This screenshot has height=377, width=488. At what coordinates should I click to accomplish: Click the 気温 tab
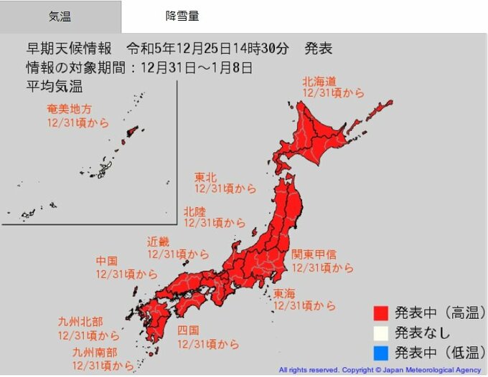tap(60, 16)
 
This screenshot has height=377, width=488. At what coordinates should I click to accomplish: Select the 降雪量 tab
tap(182, 16)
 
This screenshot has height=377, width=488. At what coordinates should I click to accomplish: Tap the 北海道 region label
tap(319, 81)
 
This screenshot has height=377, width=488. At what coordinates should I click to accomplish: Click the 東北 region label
tap(206, 176)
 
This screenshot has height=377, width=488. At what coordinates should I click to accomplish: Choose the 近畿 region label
tap(159, 242)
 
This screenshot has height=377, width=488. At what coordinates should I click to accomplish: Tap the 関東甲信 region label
tap(314, 254)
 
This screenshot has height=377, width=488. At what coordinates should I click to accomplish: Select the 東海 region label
tap(283, 293)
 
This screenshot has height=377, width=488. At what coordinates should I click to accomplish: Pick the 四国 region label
tap(188, 331)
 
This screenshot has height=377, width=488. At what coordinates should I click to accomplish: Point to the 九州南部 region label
tap(94, 353)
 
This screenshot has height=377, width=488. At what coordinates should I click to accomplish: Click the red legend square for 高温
tap(380, 313)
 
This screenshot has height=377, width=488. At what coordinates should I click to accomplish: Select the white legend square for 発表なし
tap(380, 333)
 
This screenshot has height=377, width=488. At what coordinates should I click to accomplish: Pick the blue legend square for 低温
tap(380, 352)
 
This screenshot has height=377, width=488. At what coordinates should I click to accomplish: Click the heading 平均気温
tap(55, 87)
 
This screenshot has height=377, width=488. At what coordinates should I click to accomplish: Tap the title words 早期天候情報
tap(69, 49)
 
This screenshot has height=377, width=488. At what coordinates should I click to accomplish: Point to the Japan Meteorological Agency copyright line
tap(380, 371)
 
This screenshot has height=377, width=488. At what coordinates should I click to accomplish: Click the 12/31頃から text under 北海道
tap(332, 93)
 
